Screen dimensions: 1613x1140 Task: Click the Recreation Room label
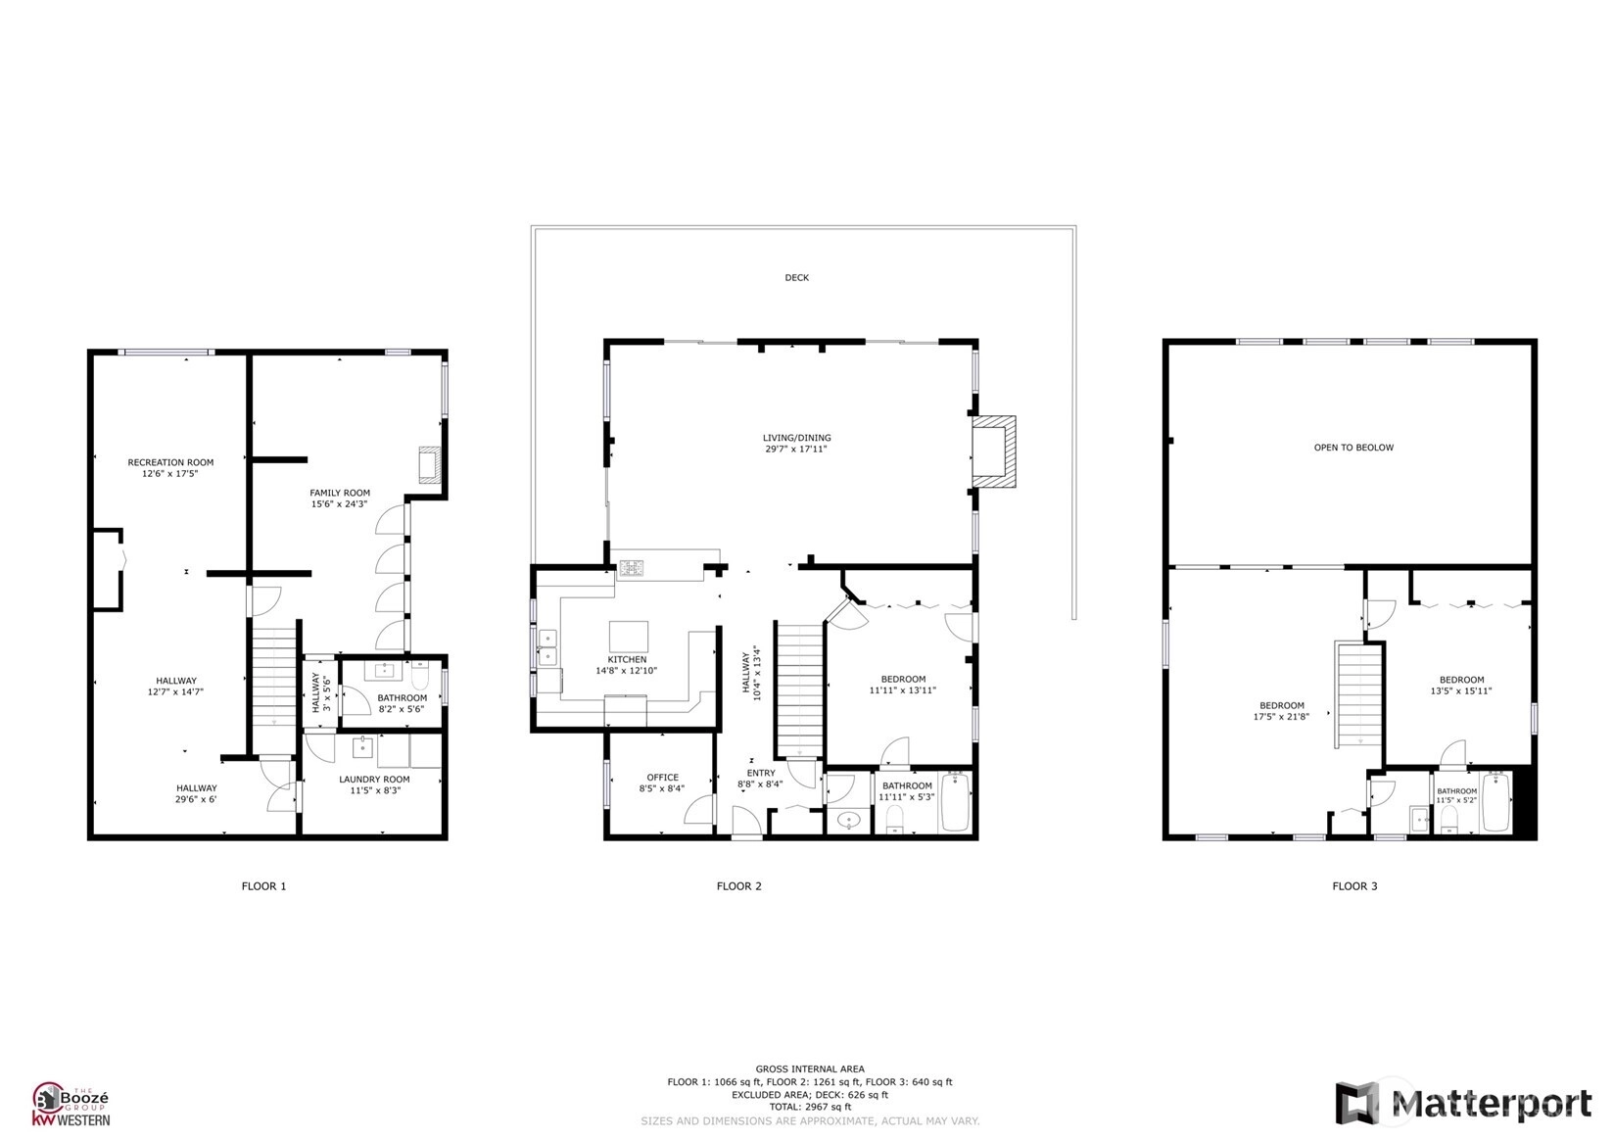[x=170, y=462]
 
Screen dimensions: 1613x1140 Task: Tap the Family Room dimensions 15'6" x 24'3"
[x=339, y=504]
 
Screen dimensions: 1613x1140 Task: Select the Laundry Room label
[x=374, y=780]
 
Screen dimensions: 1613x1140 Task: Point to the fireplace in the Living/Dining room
[x=994, y=451]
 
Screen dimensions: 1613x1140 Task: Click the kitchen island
[x=628, y=637]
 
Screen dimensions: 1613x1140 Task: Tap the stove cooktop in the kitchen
[x=632, y=569]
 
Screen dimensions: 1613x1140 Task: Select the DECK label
[x=796, y=277]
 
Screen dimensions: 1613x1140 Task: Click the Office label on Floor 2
[x=662, y=777]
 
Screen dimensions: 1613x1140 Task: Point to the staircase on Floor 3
[x=1359, y=695]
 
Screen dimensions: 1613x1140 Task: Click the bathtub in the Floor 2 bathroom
[x=956, y=801]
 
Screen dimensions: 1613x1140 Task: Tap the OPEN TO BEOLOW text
[x=1353, y=448]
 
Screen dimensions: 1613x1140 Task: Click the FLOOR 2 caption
[x=738, y=886]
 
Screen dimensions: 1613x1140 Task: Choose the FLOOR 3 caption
[x=1354, y=886]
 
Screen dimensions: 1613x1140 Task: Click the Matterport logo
[x=1464, y=1103]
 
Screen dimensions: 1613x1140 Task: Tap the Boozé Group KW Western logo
[x=71, y=1104]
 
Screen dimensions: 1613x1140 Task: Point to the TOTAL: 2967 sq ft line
[x=810, y=1107]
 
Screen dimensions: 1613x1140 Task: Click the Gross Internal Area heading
[x=810, y=1069]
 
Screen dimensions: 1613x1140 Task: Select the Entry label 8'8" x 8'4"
[x=760, y=779]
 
